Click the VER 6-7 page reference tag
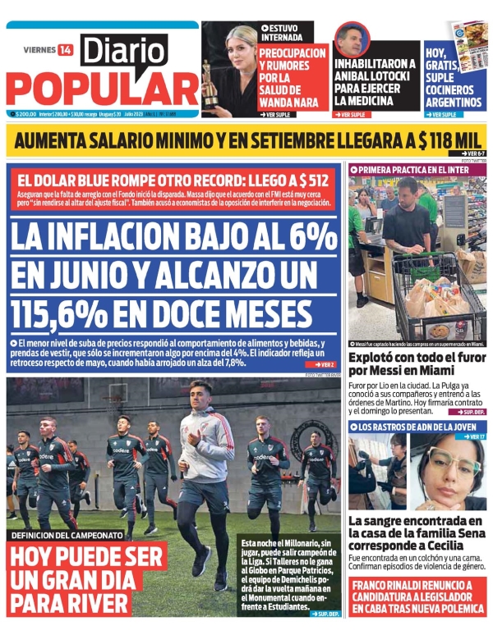tap(472, 153)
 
